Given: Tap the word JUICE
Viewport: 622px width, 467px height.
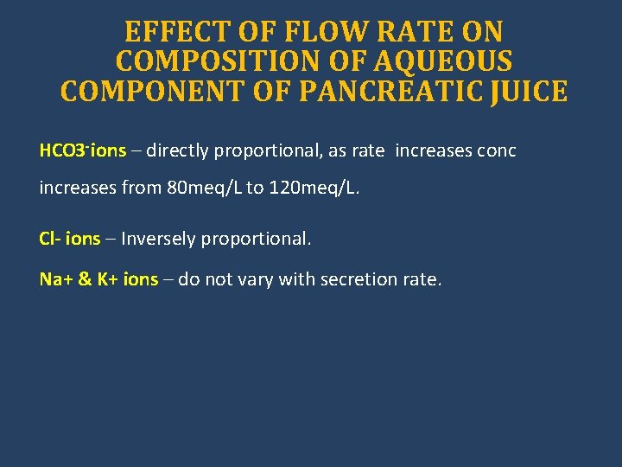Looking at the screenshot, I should [529, 91].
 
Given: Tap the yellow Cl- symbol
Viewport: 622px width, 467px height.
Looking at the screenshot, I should [50, 239].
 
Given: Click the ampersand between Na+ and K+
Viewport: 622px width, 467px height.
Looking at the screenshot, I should [85, 279].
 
